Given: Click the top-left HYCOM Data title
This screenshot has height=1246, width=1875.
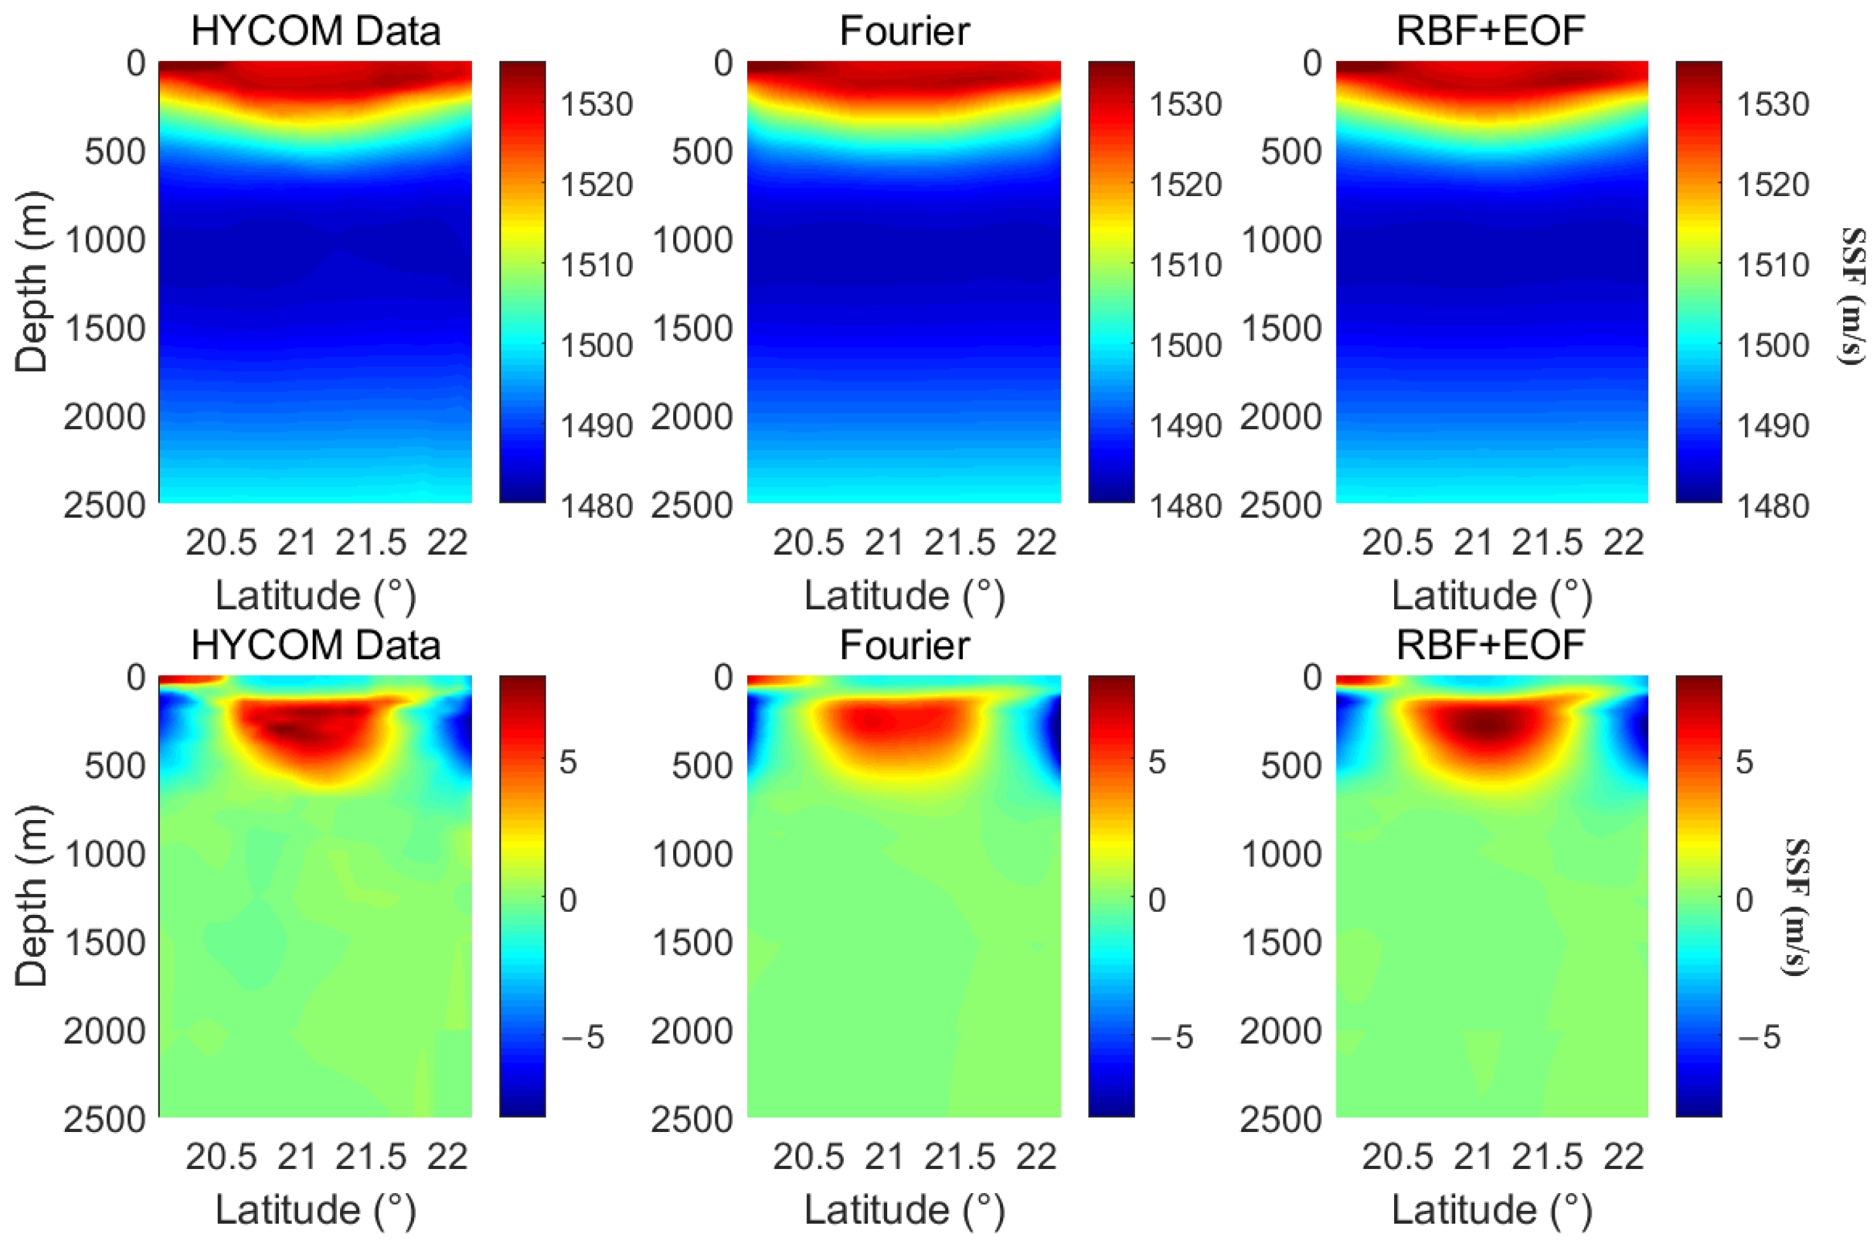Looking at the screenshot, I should [x=315, y=32].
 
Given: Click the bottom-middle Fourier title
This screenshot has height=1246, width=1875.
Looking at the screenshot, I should [x=904, y=645].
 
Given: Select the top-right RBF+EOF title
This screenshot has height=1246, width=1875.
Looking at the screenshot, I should [x=1490, y=32].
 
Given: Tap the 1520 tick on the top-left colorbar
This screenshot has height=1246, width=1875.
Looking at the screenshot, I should [x=596, y=185].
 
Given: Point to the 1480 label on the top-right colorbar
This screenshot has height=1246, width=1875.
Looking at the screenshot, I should [x=1772, y=506].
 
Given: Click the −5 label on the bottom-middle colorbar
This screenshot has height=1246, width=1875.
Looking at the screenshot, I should [x=1172, y=1038].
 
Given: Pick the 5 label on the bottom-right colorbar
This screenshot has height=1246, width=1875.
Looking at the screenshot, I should [x=1743, y=763].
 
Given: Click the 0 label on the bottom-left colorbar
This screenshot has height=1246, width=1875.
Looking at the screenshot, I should [x=567, y=900].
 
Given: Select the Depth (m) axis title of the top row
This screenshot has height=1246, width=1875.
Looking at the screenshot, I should [x=32, y=282].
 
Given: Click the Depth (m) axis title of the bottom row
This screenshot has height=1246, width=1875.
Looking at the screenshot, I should [x=32, y=896].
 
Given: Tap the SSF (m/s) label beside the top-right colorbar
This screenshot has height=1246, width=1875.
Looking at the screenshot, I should [x=1853, y=295].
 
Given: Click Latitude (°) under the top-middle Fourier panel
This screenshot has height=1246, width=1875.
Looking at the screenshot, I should [x=904, y=596].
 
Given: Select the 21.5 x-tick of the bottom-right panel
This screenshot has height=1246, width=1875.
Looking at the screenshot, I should [x=1547, y=1158].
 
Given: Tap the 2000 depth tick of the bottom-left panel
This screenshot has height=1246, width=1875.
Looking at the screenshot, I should [x=104, y=1031].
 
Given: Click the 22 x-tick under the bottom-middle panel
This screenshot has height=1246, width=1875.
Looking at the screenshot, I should [x=1036, y=1158].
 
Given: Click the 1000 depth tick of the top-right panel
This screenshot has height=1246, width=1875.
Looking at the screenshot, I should [x=1281, y=240].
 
